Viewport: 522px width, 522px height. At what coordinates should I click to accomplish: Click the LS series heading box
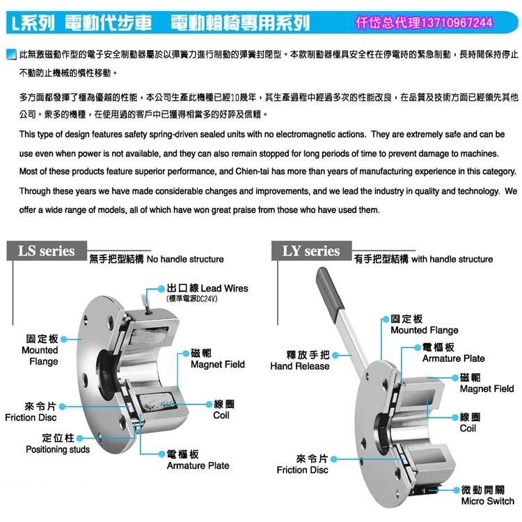pyautogui.click(x=47, y=251)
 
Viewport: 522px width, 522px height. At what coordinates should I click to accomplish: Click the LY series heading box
pyautogui.click(x=311, y=251)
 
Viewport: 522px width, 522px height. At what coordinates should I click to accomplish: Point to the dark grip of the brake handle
pyautogui.click(x=329, y=288)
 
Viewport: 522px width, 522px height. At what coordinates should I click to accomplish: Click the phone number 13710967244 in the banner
pyautogui.click(x=457, y=23)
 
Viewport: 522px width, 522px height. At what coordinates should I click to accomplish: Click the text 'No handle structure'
pyautogui.click(x=185, y=259)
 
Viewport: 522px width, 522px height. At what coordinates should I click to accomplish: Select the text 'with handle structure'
pyautogui.click(x=452, y=259)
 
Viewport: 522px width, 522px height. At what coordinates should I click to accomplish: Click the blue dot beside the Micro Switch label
pyautogui.click(x=457, y=490)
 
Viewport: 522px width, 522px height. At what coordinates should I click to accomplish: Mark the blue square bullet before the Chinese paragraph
pyautogui.click(x=11, y=54)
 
